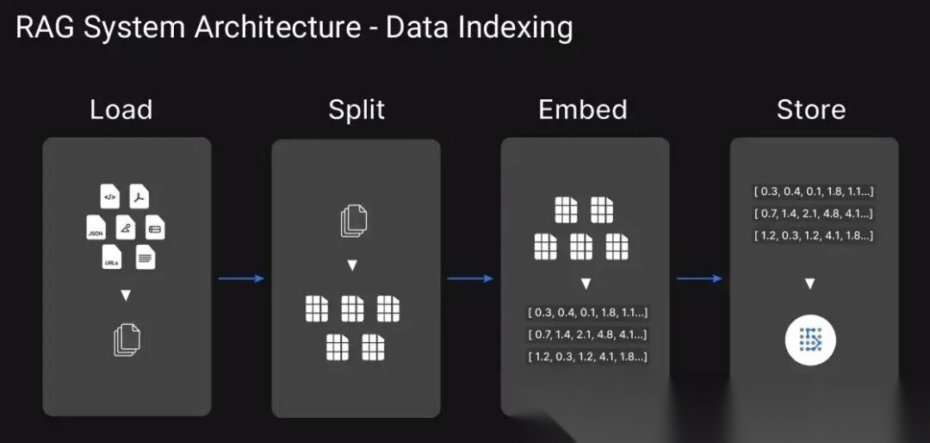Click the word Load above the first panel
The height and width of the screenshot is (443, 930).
point(121,110)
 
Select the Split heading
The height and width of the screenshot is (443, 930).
point(356,110)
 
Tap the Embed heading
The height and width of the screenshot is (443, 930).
point(582,110)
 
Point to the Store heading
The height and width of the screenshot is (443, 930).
point(810,110)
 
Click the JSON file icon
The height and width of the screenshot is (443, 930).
point(96,228)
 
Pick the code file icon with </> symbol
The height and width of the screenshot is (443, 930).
point(109,197)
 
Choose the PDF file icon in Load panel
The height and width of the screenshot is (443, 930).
point(139,197)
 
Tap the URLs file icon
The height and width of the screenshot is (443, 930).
point(111,258)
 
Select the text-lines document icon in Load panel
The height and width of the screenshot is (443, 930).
point(146,256)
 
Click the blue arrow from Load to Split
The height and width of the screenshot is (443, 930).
point(241,278)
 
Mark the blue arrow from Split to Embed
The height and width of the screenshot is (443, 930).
point(470,278)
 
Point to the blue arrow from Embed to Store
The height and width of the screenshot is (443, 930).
point(699,278)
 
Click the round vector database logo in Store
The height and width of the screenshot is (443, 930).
point(810,340)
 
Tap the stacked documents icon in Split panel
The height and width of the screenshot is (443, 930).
point(354,221)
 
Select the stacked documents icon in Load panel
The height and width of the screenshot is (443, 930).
point(126,340)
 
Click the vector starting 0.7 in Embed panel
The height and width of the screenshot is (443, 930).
point(587,334)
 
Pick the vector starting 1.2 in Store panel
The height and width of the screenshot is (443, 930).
point(814,235)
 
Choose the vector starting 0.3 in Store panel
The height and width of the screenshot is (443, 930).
point(814,192)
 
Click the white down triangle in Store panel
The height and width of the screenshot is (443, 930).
point(810,283)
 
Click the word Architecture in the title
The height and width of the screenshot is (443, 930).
point(277,28)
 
